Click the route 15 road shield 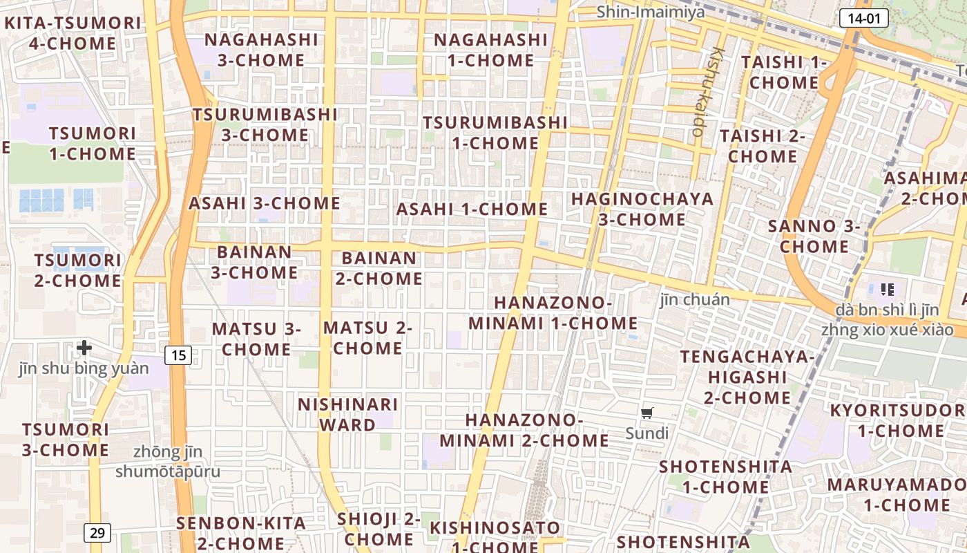click(178, 355)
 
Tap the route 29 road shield click(97, 532)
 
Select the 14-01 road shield click(863, 18)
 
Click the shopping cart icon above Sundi click(647, 413)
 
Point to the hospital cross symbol click(84, 347)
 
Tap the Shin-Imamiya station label click(651, 12)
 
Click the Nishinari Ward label click(347, 414)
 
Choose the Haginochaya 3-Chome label click(642, 209)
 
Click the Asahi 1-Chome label click(472, 209)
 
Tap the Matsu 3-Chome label click(256, 339)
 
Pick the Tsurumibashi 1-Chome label click(495, 133)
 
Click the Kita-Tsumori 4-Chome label click(73, 33)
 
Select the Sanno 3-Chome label click(814, 236)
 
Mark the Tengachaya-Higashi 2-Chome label click(747, 377)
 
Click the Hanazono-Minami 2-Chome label click(524, 430)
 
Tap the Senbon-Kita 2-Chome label click(241, 533)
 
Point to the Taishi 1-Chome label click(784, 72)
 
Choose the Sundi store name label click(647, 433)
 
